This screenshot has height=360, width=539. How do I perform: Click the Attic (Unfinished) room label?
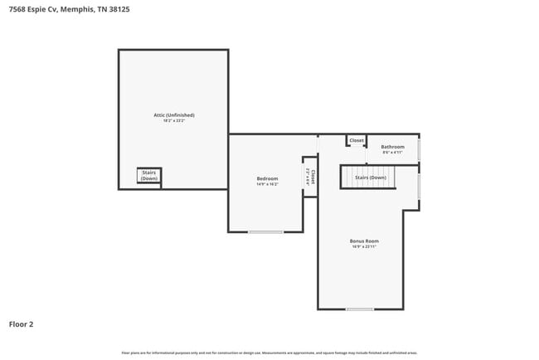point(173,114)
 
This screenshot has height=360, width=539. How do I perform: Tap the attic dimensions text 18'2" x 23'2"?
point(173,121)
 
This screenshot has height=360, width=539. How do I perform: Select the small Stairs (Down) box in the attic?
point(149,176)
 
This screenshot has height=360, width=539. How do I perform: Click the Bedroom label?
point(267,178)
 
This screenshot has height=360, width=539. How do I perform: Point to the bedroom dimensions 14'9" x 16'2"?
point(267,184)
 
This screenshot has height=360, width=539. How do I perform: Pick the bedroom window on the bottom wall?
point(266,231)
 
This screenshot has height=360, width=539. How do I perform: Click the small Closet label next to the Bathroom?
point(357,141)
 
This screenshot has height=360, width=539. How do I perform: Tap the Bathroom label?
point(392,147)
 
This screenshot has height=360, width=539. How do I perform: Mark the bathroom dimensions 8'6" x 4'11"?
point(392,153)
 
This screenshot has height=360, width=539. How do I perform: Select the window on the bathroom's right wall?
point(419,150)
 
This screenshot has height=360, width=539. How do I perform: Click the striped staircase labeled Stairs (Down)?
point(370,178)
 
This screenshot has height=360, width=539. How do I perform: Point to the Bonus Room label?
point(364,241)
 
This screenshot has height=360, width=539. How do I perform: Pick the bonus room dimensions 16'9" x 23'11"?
point(364,246)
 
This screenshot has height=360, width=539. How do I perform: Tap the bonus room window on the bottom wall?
point(360,309)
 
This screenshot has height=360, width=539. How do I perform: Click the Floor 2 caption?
point(21,324)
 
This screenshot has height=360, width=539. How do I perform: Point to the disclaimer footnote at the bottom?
point(269,353)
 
